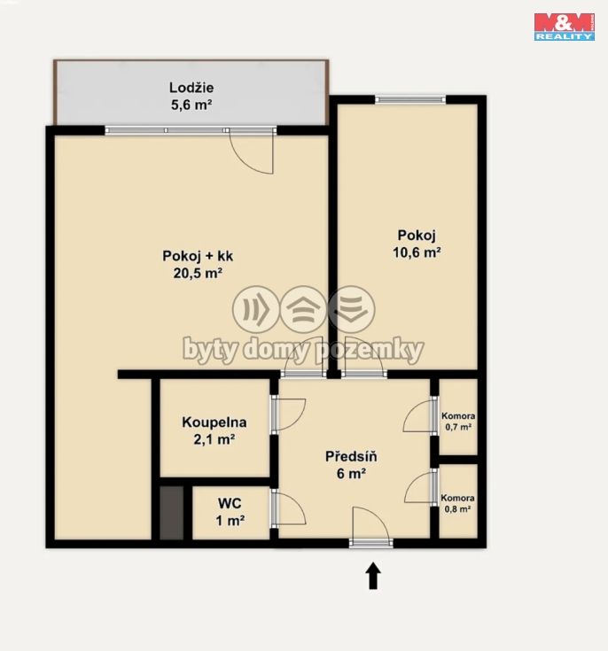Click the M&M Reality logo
coord(564,27)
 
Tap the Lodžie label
coord(191,88)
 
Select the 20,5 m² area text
coord(198,273)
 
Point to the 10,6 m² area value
coord(417,252)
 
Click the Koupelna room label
coord(214,422)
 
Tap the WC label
coord(230,503)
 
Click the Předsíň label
coord(351,456)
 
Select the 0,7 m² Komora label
coord(458,422)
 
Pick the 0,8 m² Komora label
coord(457,503)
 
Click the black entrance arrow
coord(373,576)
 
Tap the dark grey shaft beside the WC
coord(172,513)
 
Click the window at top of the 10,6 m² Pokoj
coord(410,99)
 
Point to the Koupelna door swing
coord(291,415)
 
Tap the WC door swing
coord(291,509)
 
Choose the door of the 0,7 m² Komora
coord(417,415)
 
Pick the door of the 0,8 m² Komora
coord(418,488)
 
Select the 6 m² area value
coord(351,473)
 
